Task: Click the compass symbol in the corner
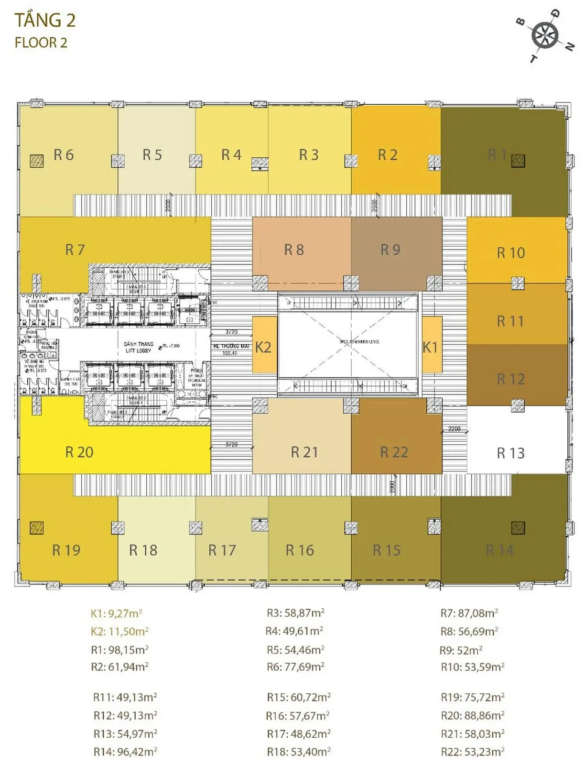point(545,35)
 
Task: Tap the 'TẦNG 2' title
point(45,21)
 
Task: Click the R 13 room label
point(510,453)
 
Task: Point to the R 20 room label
point(79,452)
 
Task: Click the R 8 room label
point(294,250)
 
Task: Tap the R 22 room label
point(394,452)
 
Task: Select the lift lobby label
point(138,347)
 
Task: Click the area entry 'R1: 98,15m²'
point(119,650)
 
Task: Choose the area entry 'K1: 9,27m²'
point(116,613)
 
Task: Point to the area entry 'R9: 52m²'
point(461,650)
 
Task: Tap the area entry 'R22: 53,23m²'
point(472,752)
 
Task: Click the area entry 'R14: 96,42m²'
point(125,752)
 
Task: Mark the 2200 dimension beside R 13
point(454,429)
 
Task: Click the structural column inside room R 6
point(36,161)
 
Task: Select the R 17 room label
point(222,550)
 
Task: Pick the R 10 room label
point(510,252)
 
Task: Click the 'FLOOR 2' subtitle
point(41,43)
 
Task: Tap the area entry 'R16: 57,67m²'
point(298,716)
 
